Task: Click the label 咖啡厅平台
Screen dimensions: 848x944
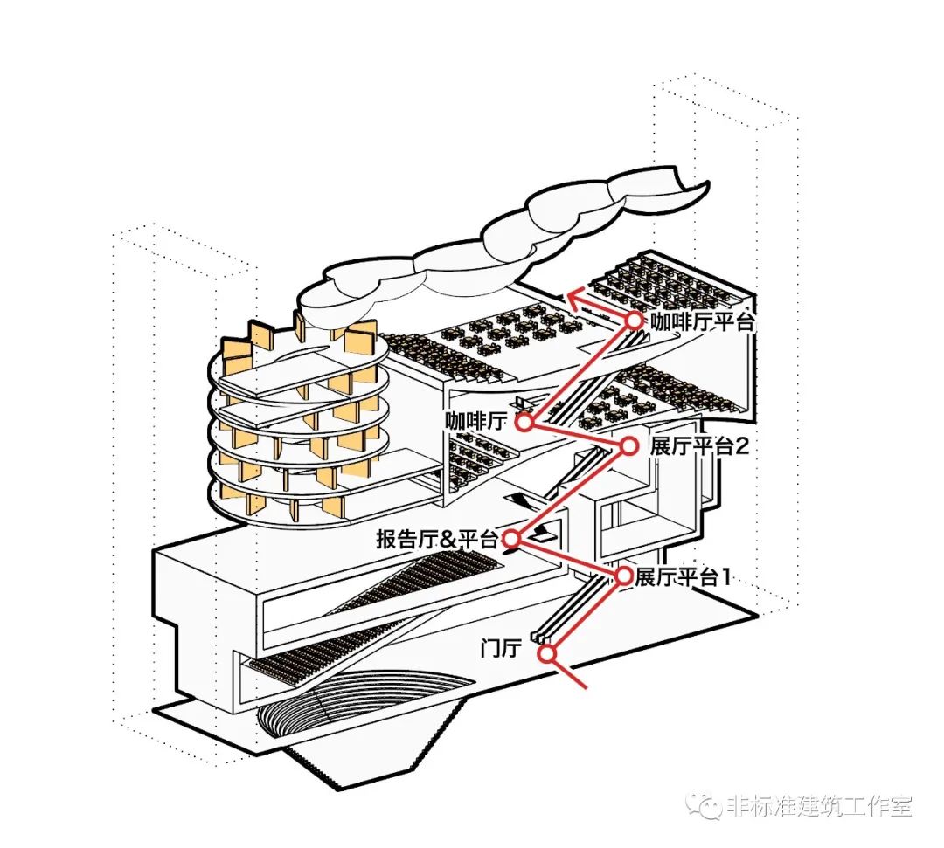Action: click(702, 321)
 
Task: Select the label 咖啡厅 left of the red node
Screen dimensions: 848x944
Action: click(475, 422)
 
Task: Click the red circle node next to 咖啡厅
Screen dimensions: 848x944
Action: click(524, 423)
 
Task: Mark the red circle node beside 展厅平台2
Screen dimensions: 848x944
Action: click(628, 447)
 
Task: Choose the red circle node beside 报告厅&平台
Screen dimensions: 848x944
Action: click(512, 539)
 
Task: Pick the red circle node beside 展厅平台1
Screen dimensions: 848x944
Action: click(624, 576)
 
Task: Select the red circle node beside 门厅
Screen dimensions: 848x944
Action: click(547, 653)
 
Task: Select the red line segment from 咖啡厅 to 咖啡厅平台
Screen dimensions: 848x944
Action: click(580, 372)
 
